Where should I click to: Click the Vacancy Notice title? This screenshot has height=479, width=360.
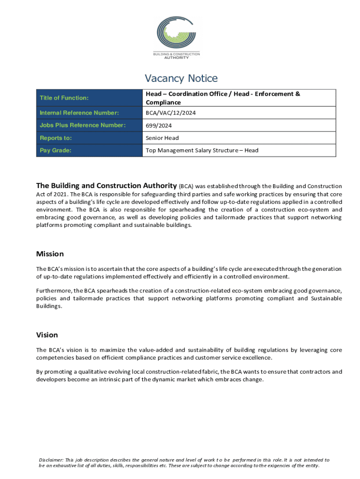click(x=181, y=78)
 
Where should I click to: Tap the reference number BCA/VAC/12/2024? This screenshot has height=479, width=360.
click(x=170, y=113)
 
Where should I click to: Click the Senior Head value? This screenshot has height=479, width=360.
click(x=162, y=138)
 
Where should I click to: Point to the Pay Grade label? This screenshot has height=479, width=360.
click(x=55, y=151)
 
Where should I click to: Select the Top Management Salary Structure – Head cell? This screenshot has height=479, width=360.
click(x=202, y=151)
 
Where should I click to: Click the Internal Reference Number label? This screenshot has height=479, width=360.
click(x=79, y=113)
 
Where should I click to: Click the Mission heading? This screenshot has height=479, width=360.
click(x=50, y=254)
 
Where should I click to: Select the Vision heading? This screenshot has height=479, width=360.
click(x=47, y=335)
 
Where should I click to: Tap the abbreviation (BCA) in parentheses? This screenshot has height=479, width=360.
click(x=186, y=186)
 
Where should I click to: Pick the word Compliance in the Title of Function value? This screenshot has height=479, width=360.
click(x=163, y=102)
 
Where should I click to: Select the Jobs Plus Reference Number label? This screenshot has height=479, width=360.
click(x=83, y=125)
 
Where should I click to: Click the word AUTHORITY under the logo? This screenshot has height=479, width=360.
click(x=176, y=58)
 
